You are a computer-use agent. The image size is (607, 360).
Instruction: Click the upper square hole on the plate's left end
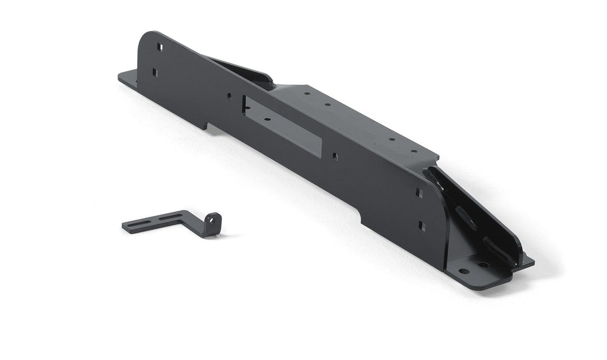pos(159,47)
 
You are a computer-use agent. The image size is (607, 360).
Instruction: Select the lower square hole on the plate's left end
pos(155,72)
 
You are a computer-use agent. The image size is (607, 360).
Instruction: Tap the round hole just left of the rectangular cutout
pos(230,95)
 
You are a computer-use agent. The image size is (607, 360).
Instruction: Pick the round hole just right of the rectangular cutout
pos(335,156)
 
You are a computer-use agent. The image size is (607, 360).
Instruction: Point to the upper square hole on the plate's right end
pos(419,193)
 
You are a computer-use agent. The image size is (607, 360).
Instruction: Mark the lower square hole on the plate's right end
pos(421,226)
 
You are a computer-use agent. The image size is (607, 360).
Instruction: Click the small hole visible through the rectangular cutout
pos(267,120)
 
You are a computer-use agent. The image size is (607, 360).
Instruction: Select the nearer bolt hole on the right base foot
pos(463,271)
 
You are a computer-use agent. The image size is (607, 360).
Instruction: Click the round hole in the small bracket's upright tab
pos(213,220)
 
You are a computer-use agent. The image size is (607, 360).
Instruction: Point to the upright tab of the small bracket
pos(212,224)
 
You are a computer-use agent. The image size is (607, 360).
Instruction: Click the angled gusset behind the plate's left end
pos(243,71)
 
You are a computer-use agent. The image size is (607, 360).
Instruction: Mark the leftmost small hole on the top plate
pos(307,94)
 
